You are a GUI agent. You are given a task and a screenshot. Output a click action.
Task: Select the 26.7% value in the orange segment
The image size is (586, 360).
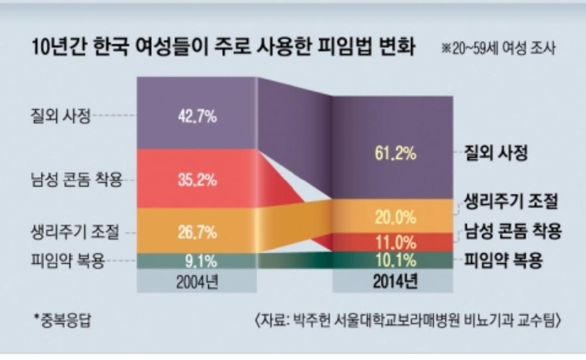(197, 233)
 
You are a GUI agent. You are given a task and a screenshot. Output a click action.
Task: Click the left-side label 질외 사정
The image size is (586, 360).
(59, 116)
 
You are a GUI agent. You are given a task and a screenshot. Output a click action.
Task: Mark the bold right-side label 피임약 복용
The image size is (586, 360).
(503, 260)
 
